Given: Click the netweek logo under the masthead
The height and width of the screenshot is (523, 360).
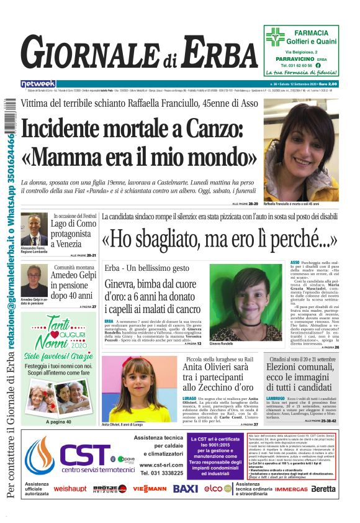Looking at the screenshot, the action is point(38,83).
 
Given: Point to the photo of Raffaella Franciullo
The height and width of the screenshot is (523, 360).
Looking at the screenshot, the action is point(301,150).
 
